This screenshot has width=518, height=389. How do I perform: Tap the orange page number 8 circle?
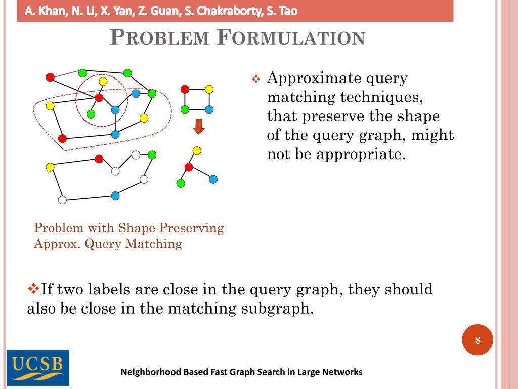point(478,340)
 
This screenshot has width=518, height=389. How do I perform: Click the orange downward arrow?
point(199,126)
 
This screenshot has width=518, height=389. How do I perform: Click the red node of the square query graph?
point(185,89)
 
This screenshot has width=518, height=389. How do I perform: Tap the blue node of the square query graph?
point(209,109)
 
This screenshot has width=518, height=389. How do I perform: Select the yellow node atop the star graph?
point(197,150)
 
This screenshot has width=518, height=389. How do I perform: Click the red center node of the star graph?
point(189,167)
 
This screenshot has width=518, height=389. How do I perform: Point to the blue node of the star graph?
point(213,179)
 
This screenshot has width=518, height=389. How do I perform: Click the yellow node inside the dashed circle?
point(103,82)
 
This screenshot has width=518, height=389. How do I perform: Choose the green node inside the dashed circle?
point(91,114)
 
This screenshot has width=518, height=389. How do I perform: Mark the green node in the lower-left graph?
point(152,154)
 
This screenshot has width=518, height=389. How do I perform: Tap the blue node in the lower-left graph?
point(115,196)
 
